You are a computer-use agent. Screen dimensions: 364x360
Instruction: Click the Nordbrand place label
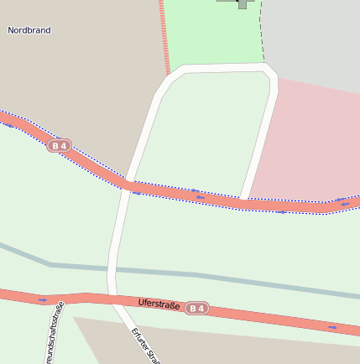point(29,30)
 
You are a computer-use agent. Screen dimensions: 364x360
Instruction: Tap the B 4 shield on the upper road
point(58,146)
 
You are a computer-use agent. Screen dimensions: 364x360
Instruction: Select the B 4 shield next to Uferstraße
point(196,309)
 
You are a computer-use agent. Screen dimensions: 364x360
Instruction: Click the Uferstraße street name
point(159,304)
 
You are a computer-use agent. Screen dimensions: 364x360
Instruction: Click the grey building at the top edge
point(241,3)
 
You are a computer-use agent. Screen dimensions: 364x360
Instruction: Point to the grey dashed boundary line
point(262,34)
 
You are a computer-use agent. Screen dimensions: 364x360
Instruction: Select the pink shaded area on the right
point(310,143)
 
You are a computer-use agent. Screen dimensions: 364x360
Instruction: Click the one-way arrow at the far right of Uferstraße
point(332,327)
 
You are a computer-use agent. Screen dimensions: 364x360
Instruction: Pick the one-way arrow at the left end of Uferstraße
point(43,299)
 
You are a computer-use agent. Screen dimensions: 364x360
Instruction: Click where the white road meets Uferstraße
point(113,299)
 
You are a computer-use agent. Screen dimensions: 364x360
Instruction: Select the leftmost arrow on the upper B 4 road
point(8,125)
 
